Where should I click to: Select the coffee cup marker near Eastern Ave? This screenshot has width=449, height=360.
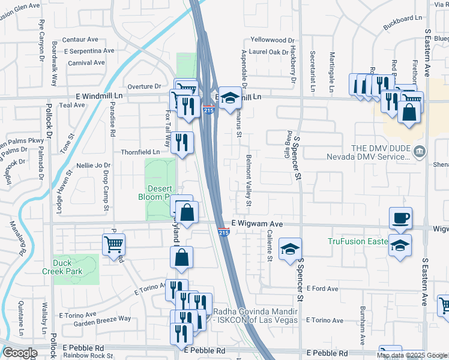pos(400,219)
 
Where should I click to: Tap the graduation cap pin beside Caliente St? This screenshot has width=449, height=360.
pos(290,250)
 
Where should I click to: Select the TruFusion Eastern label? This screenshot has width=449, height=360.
pos(358,242)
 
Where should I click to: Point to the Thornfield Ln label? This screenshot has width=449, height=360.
pos(140,152)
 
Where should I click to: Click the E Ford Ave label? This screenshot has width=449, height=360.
pos(322,289)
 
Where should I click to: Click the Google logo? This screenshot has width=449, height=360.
pos(20,353)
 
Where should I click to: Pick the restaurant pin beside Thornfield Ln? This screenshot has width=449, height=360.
pos(182,143)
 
